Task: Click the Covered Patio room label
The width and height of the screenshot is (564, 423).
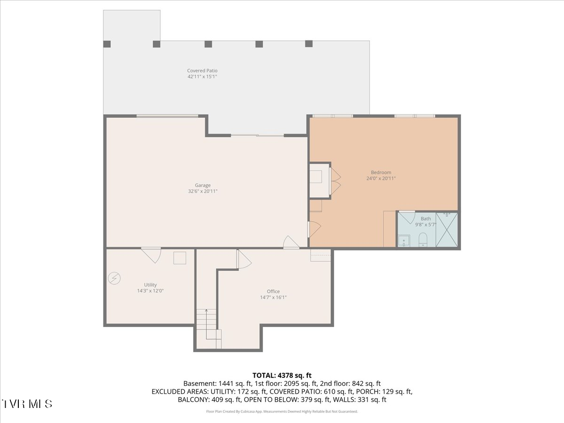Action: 202,70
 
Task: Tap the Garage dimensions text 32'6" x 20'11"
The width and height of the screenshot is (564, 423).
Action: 203,191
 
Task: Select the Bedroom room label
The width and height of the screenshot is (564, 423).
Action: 381,172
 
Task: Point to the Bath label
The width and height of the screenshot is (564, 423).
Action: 426,219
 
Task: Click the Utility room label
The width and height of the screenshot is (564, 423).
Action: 150,285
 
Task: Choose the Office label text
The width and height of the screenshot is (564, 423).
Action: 273,291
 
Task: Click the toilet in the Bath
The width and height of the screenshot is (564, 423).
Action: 423,240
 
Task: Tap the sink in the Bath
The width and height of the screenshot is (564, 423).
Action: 404,241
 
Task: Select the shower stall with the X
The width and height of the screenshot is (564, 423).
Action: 447,229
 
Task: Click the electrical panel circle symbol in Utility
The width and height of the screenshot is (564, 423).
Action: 114,278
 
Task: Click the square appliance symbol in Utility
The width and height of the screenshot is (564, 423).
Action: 180,258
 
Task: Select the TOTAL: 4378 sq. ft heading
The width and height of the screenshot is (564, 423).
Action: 282,376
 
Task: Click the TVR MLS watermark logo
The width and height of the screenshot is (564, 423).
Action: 27,404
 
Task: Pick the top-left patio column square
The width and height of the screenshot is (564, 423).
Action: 107,44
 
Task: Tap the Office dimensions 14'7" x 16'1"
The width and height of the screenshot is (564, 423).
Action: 273,298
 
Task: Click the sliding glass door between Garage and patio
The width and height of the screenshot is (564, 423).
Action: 258,135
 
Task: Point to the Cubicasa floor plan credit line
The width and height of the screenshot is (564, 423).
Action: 282,411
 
